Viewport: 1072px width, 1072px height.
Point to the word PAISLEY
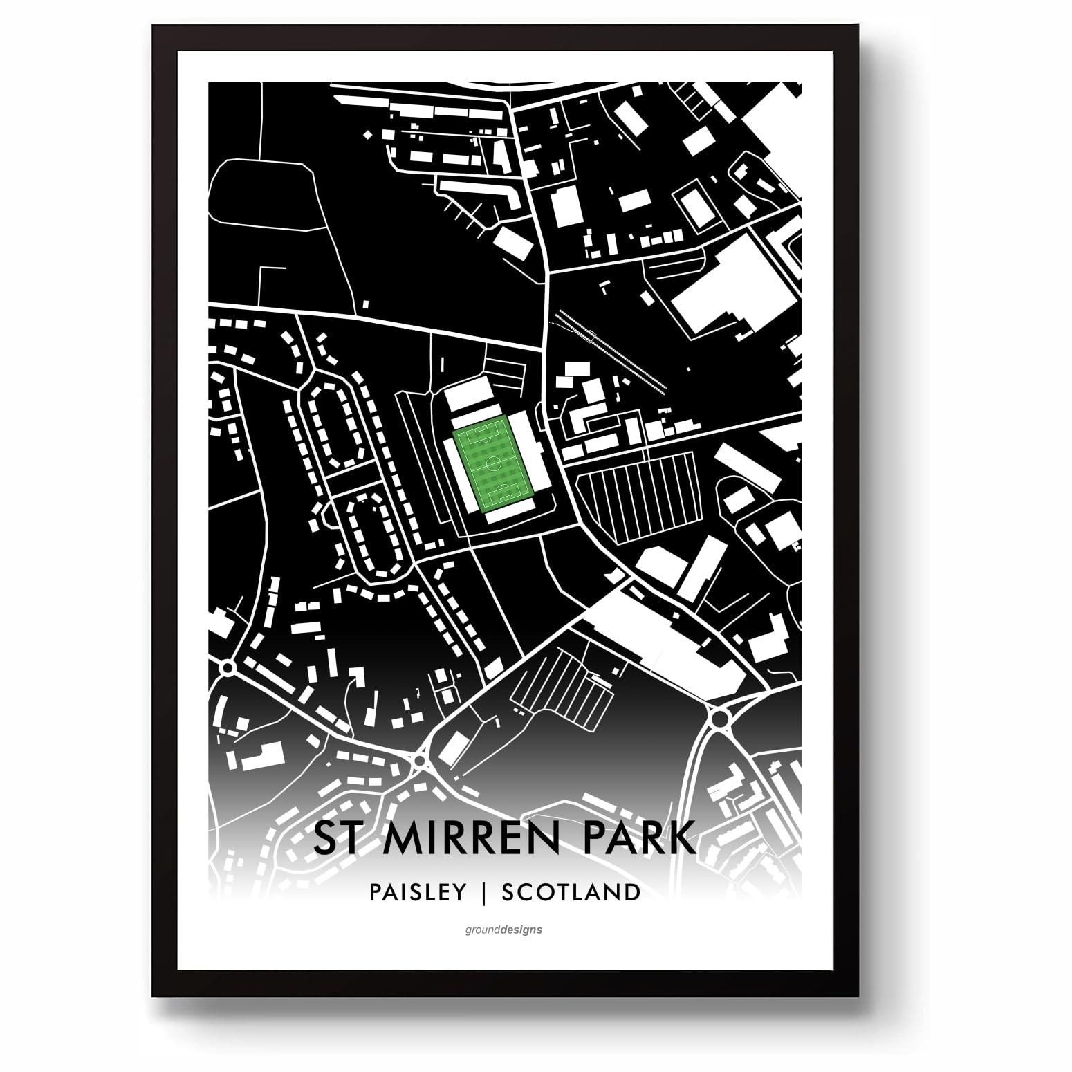coord(418,892)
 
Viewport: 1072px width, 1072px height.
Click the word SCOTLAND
coord(571,892)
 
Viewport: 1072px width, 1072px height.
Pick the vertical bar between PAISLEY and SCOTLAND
coord(484,892)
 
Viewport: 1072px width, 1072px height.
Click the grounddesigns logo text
coord(503,930)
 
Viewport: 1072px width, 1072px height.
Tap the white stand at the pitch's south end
coord(513,515)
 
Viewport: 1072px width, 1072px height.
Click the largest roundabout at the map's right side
coord(720,718)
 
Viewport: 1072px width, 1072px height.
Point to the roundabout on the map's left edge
coord(227,667)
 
